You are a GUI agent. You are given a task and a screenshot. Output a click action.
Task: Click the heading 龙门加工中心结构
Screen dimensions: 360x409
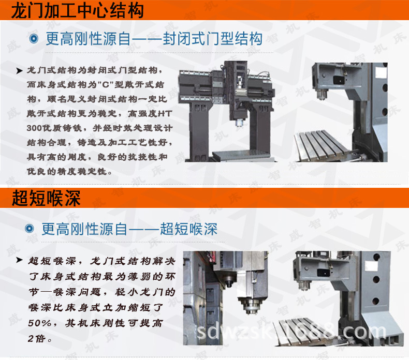tap(78, 10)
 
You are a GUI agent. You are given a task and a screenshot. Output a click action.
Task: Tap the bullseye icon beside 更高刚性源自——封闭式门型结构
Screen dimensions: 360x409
tap(34, 39)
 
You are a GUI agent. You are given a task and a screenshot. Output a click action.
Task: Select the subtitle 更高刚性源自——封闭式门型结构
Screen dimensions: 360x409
tap(154, 39)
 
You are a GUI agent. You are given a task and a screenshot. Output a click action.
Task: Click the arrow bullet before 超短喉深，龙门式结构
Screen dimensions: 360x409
tap(20, 260)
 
